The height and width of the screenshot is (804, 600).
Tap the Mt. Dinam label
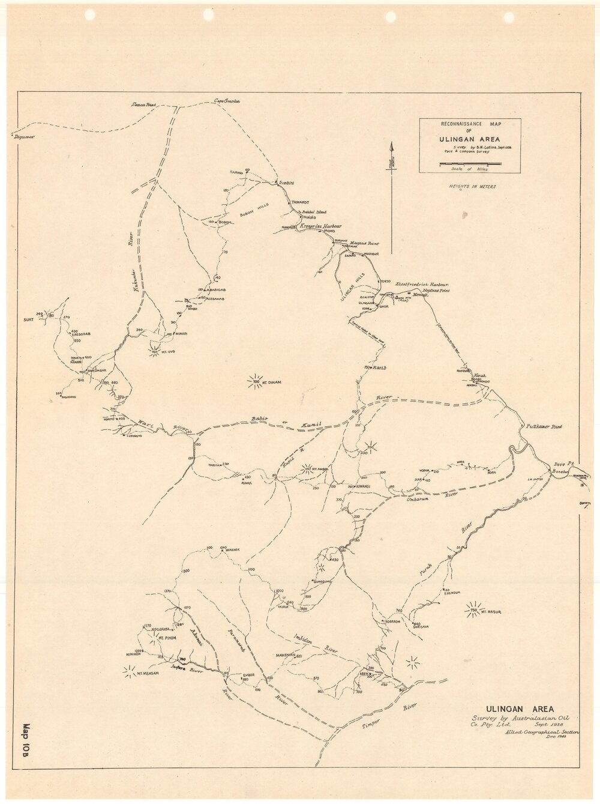(271, 382)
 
